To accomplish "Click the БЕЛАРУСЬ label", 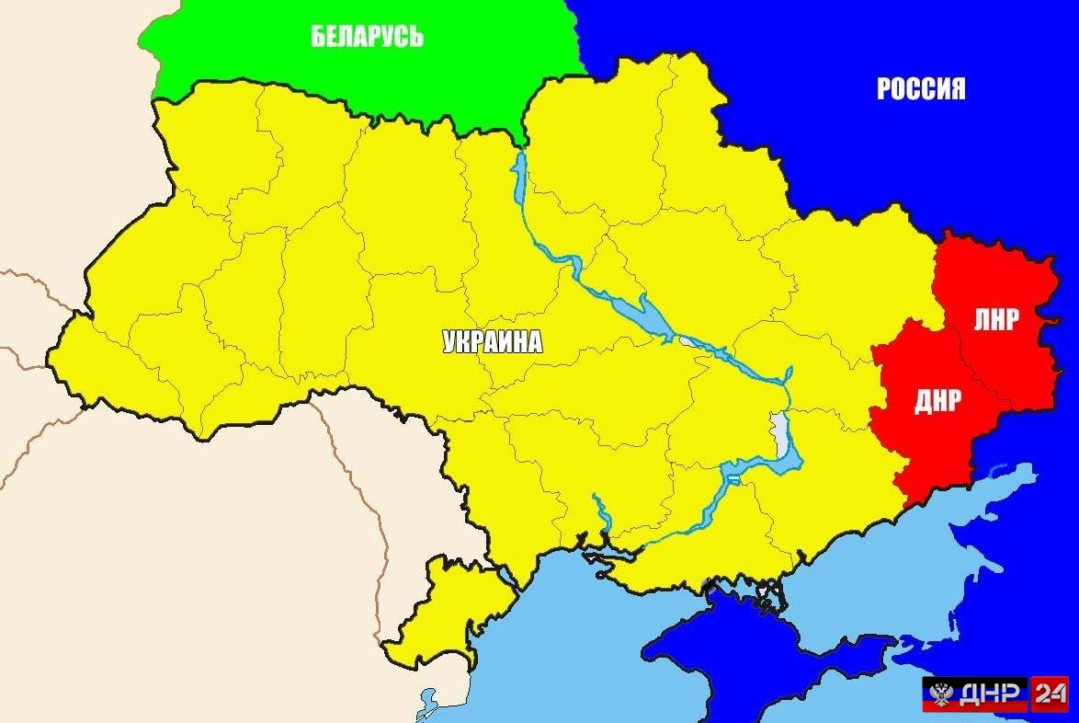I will (367, 37).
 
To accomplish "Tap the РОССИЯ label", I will (921, 89).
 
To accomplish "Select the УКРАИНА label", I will (493, 342).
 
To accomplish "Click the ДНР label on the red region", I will (937, 401).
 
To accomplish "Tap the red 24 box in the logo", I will (1050, 694).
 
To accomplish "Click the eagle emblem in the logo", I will (940, 694).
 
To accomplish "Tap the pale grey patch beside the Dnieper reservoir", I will (780, 428).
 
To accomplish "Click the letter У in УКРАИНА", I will (449, 342).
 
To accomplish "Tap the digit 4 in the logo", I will (1056, 694).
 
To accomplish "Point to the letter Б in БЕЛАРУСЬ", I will (318, 37).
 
